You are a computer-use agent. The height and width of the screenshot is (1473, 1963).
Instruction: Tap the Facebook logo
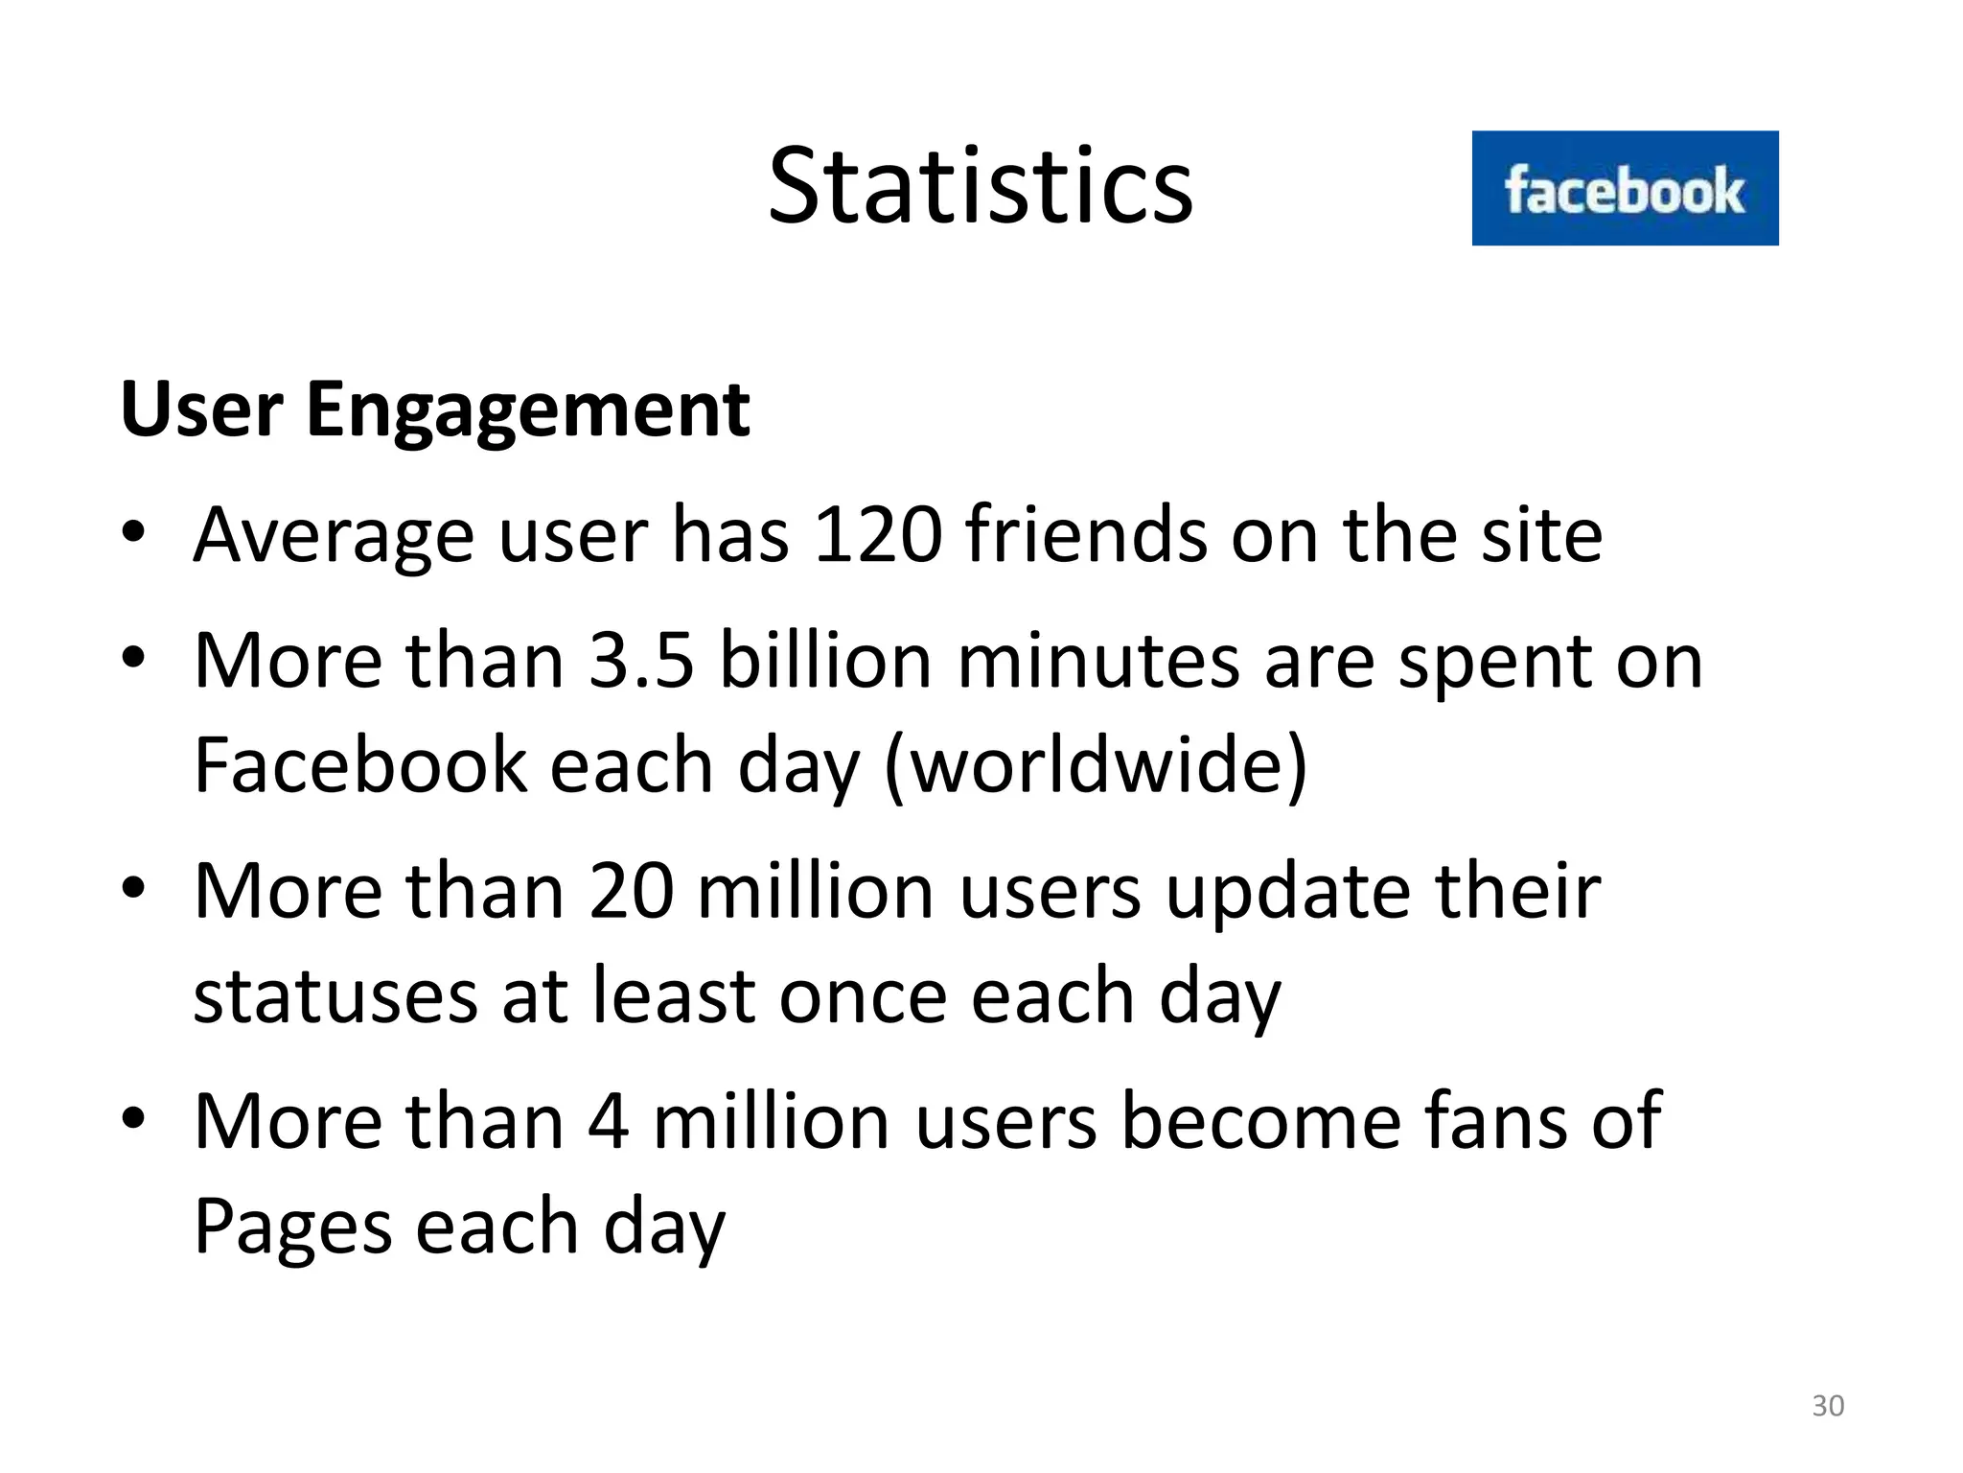(1625, 189)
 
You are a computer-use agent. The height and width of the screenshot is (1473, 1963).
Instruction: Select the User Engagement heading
(434, 410)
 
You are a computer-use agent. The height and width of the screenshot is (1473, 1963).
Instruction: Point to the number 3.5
(640, 661)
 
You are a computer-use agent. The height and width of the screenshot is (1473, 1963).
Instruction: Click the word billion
(825, 661)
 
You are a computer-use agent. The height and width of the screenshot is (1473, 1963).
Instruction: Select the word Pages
(292, 1227)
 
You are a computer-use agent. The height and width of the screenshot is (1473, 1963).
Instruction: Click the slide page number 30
(1828, 1406)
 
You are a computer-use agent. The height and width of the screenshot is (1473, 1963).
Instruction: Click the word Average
(334, 537)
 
